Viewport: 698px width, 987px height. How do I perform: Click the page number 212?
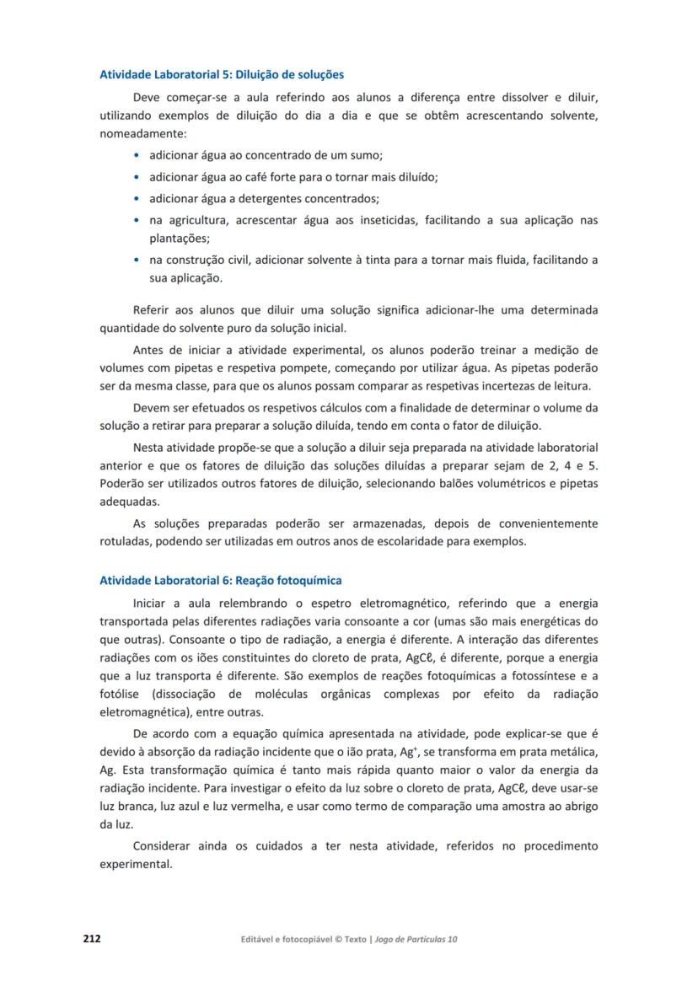[x=92, y=938]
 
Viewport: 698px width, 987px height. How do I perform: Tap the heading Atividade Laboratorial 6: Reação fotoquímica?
[x=221, y=581]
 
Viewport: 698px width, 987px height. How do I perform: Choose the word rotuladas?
[x=125, y=541]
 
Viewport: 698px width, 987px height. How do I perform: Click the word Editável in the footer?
[x=259, y=939]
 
